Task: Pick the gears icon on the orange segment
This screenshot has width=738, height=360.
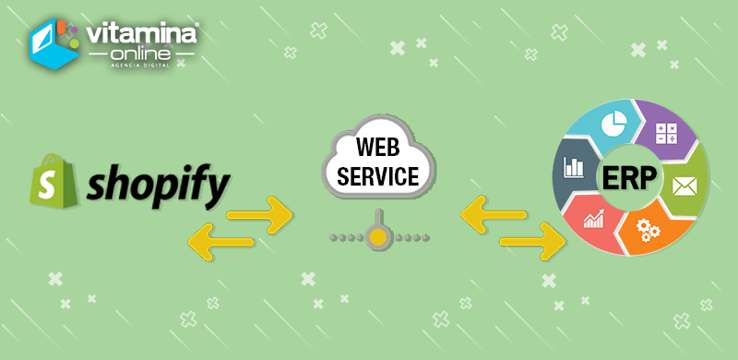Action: coord(649,231)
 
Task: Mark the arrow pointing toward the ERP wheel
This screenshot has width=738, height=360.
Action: coord(532,242)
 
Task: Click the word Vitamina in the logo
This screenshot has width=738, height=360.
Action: coord(140,34)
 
